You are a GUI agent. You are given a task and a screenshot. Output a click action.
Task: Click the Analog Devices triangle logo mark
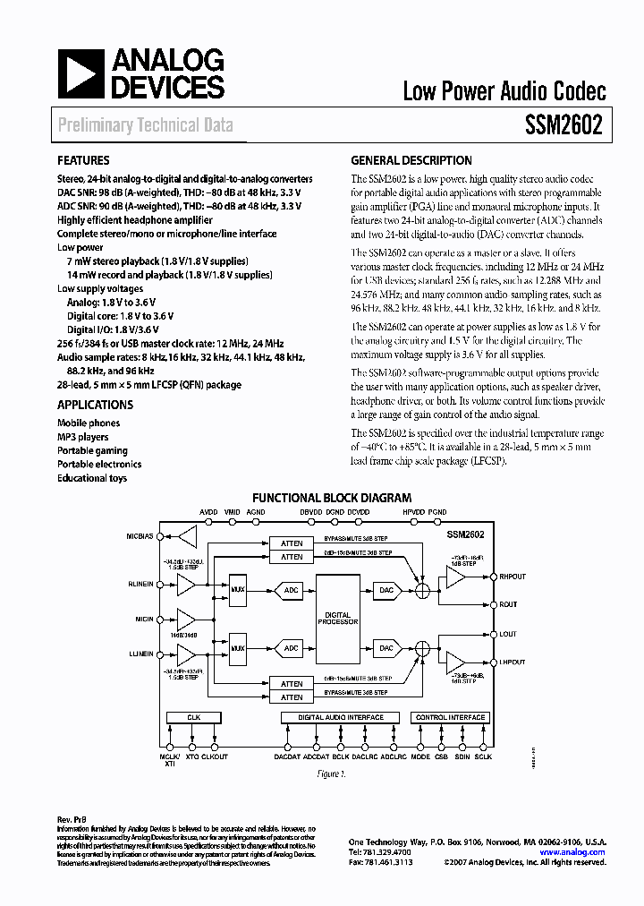(x=80, y=74)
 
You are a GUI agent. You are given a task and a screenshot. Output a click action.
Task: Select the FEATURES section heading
(x=83, y=161)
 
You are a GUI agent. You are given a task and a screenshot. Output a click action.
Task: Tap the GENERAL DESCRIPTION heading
(x=411, y=161)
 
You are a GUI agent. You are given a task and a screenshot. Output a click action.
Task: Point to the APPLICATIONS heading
(x=95, y=405)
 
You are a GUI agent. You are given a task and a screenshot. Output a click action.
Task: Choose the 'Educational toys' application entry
(x=92, y=478)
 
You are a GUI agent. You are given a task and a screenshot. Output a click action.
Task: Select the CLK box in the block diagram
(x=193, y=717)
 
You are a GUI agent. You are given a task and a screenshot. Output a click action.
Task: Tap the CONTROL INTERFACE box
(x=450, y=717)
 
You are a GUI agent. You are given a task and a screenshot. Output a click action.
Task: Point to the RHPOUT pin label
(x=513, y=577)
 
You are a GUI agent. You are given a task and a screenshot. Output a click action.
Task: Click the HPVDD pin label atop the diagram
(x=414, y=512)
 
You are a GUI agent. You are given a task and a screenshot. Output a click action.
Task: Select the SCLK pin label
(x=483, y=757)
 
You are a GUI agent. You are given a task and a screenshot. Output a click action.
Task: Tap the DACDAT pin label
(x=287, y=757)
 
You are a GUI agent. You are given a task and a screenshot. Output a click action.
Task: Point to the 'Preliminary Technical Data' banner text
(x=146, y=125)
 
